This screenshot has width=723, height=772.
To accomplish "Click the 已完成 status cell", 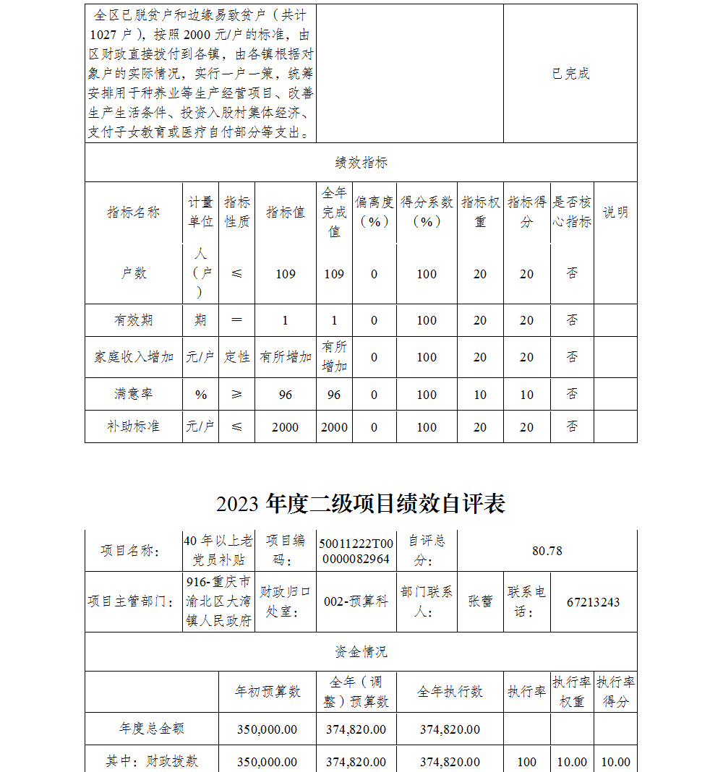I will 570,74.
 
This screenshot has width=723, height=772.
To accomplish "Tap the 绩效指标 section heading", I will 361,163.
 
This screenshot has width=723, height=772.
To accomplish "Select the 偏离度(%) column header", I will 374,213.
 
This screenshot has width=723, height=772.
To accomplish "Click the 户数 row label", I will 134,273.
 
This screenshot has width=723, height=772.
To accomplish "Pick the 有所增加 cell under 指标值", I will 286,357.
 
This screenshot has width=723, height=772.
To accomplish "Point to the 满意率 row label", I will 134,394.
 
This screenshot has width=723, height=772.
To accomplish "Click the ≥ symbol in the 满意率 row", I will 237,394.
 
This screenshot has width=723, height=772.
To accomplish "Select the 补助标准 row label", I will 134,426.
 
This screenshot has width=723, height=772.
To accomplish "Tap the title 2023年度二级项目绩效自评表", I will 361,504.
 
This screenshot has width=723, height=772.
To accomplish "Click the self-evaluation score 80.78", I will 547,551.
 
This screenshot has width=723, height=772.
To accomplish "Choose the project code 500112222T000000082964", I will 356,551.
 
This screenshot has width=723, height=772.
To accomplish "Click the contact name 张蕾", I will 480,601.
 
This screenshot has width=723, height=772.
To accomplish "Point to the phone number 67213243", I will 593,602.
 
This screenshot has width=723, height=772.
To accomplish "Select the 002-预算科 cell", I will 356,601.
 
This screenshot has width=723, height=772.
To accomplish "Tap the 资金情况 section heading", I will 361,652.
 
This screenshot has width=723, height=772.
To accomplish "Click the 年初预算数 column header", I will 268,692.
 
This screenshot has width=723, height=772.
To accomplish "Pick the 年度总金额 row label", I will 152,729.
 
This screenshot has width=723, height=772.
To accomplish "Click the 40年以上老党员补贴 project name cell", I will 218,551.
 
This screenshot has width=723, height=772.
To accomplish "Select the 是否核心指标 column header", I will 572,213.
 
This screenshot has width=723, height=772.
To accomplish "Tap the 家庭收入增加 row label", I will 134,357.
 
